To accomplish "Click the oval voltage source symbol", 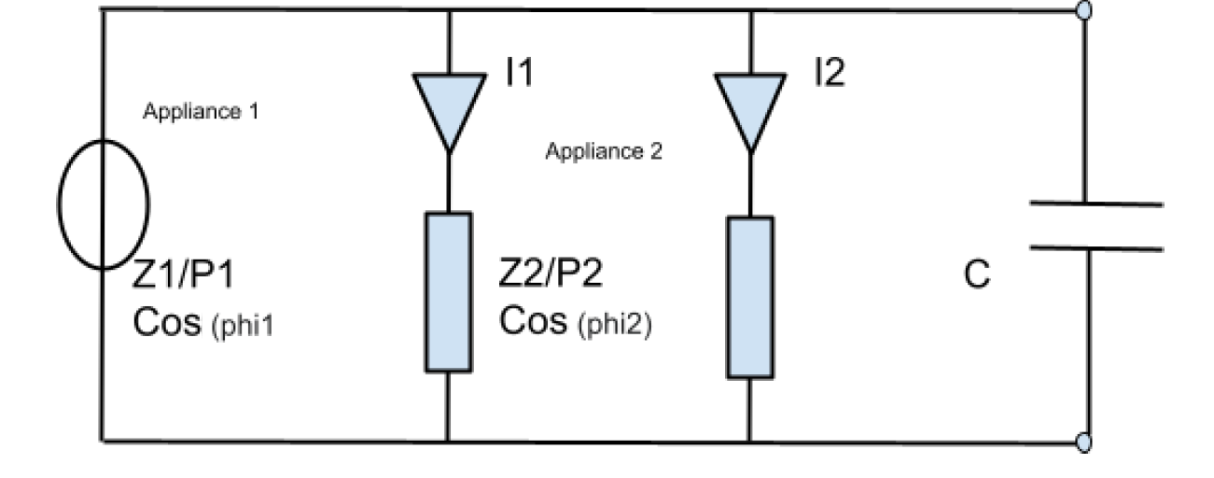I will click(104, 204).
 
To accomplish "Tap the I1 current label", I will click(519, 73).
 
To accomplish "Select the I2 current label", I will click(827, 73).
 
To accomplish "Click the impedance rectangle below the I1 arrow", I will click(449, 291).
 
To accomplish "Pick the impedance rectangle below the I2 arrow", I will click(750, 297).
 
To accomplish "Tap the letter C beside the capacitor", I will click(977, 276).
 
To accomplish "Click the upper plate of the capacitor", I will click(1096, 203).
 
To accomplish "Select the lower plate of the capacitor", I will click(1096, 248).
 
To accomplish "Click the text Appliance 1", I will click(201, 112).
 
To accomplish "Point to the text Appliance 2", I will click(604, 152).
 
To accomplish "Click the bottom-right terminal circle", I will click(1084, 442).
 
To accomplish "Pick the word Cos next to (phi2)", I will click(533, 323).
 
